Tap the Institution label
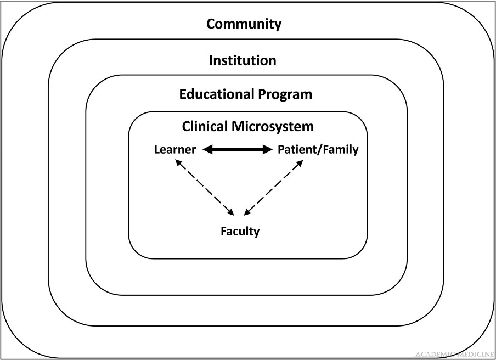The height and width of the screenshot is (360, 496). click(243, 60)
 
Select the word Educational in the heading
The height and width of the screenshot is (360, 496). click(211, 94)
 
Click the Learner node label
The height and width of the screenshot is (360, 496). click(175, 149)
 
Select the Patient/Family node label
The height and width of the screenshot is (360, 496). click(318, 149)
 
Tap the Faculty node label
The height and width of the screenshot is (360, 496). click(240, 231)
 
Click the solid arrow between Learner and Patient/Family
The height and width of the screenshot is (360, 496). click(238, 149)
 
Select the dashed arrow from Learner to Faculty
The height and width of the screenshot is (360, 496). click(203, 187)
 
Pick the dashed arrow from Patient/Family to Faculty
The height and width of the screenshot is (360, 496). click(273, 187)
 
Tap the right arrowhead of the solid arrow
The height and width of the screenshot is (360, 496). click(268, 149)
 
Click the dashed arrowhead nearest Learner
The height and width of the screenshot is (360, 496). click(177, 161)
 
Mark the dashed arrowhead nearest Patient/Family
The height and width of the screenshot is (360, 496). click(301, 162)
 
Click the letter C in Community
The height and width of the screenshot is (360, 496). click(211, 24)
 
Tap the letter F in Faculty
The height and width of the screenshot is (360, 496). click(223, 231)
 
